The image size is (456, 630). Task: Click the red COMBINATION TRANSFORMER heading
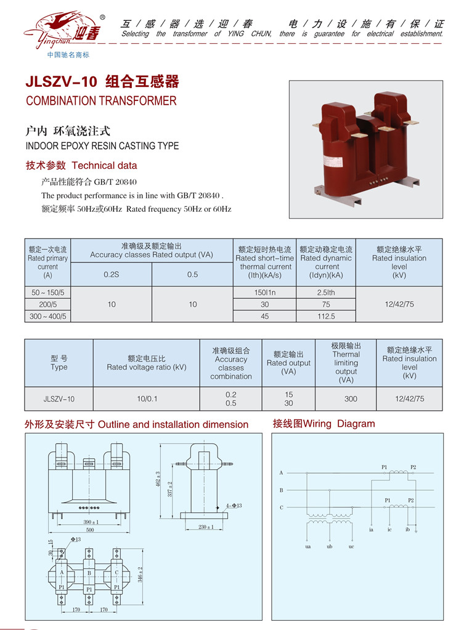tap(101, 100)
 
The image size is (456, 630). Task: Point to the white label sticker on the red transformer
tap(333, 161)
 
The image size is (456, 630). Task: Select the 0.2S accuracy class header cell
tap(112, 275)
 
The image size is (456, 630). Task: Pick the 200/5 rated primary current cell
tap(48, 305)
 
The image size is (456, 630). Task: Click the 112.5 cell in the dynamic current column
tap(326, 316)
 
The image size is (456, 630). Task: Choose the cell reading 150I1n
tap(264, 293)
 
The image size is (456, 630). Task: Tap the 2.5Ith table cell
tap(326, 293)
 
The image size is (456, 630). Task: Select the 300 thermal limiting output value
tap(351, 398)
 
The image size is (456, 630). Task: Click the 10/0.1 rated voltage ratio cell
tap(147, 398)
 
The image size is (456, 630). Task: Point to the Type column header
tap(59, 363)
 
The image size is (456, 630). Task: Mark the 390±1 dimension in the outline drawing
tap(91, 522)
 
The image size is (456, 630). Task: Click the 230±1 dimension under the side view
tap(206, 527)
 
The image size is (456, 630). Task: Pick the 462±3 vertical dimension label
tap(158, 479)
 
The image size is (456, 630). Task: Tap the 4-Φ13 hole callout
tap(234, 506)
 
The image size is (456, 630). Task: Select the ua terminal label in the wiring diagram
tap(307, 546)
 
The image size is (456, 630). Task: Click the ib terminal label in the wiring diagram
tap(407, 530)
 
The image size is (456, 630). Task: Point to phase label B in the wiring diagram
tap(281, 490)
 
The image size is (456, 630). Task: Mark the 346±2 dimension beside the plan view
tap(140, 575)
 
